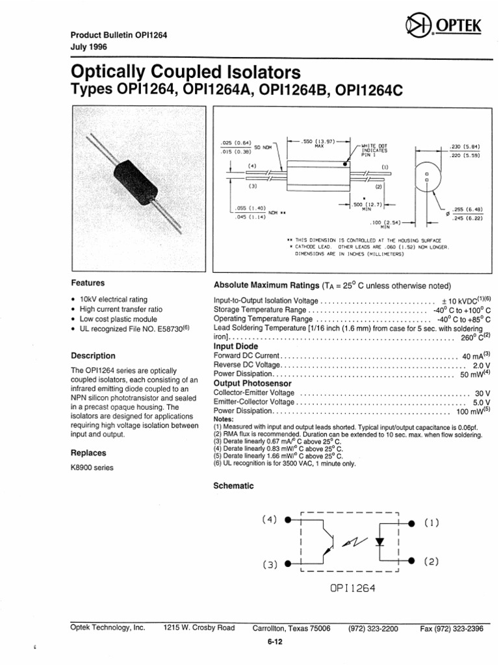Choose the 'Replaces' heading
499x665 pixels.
pyautogui.click(x=88, y=453)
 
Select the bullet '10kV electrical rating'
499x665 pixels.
pyautogui.click(x=113, y=299)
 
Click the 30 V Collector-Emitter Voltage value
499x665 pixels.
pyautogui.click(x=482, y=394)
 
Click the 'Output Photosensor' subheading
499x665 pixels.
pyautogui.click(x=253, y=384)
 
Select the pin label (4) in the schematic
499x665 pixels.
pyautogui.click(x=269, y=520)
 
